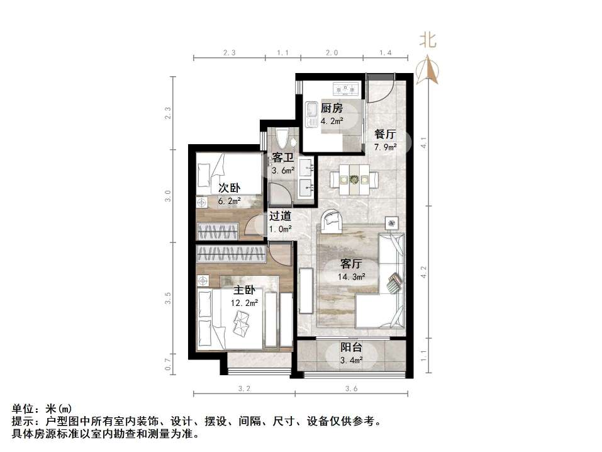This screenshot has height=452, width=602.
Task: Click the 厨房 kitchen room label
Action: pos(332,108)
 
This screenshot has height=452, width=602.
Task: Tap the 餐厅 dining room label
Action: pos(384,134)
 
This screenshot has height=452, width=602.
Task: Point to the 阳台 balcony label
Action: pos(351,347)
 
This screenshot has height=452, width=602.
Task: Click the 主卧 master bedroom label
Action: pos(243,290)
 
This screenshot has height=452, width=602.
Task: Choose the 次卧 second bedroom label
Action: pos(229,188)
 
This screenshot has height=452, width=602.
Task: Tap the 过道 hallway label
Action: pos(280,215)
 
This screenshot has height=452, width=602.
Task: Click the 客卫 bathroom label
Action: pos(282,157)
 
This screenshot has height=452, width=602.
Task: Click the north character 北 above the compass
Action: pos(428,41)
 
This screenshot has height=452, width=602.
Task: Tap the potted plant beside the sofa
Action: pos(393,222)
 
